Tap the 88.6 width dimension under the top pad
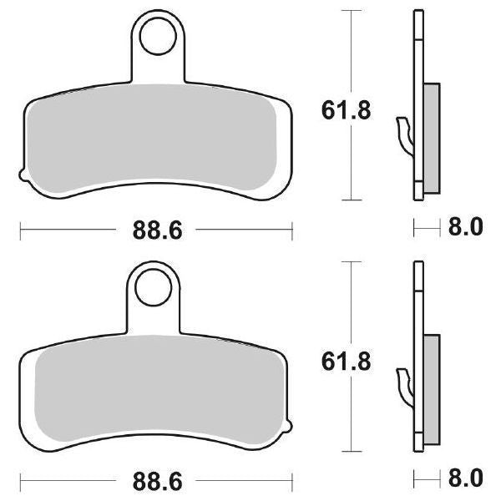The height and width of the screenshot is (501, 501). coord(156,229)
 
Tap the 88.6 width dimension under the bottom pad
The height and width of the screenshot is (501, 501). coord(156,481)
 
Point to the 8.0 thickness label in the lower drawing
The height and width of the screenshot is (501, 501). coord(465,480)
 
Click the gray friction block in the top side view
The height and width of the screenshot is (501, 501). coord(433,137)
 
